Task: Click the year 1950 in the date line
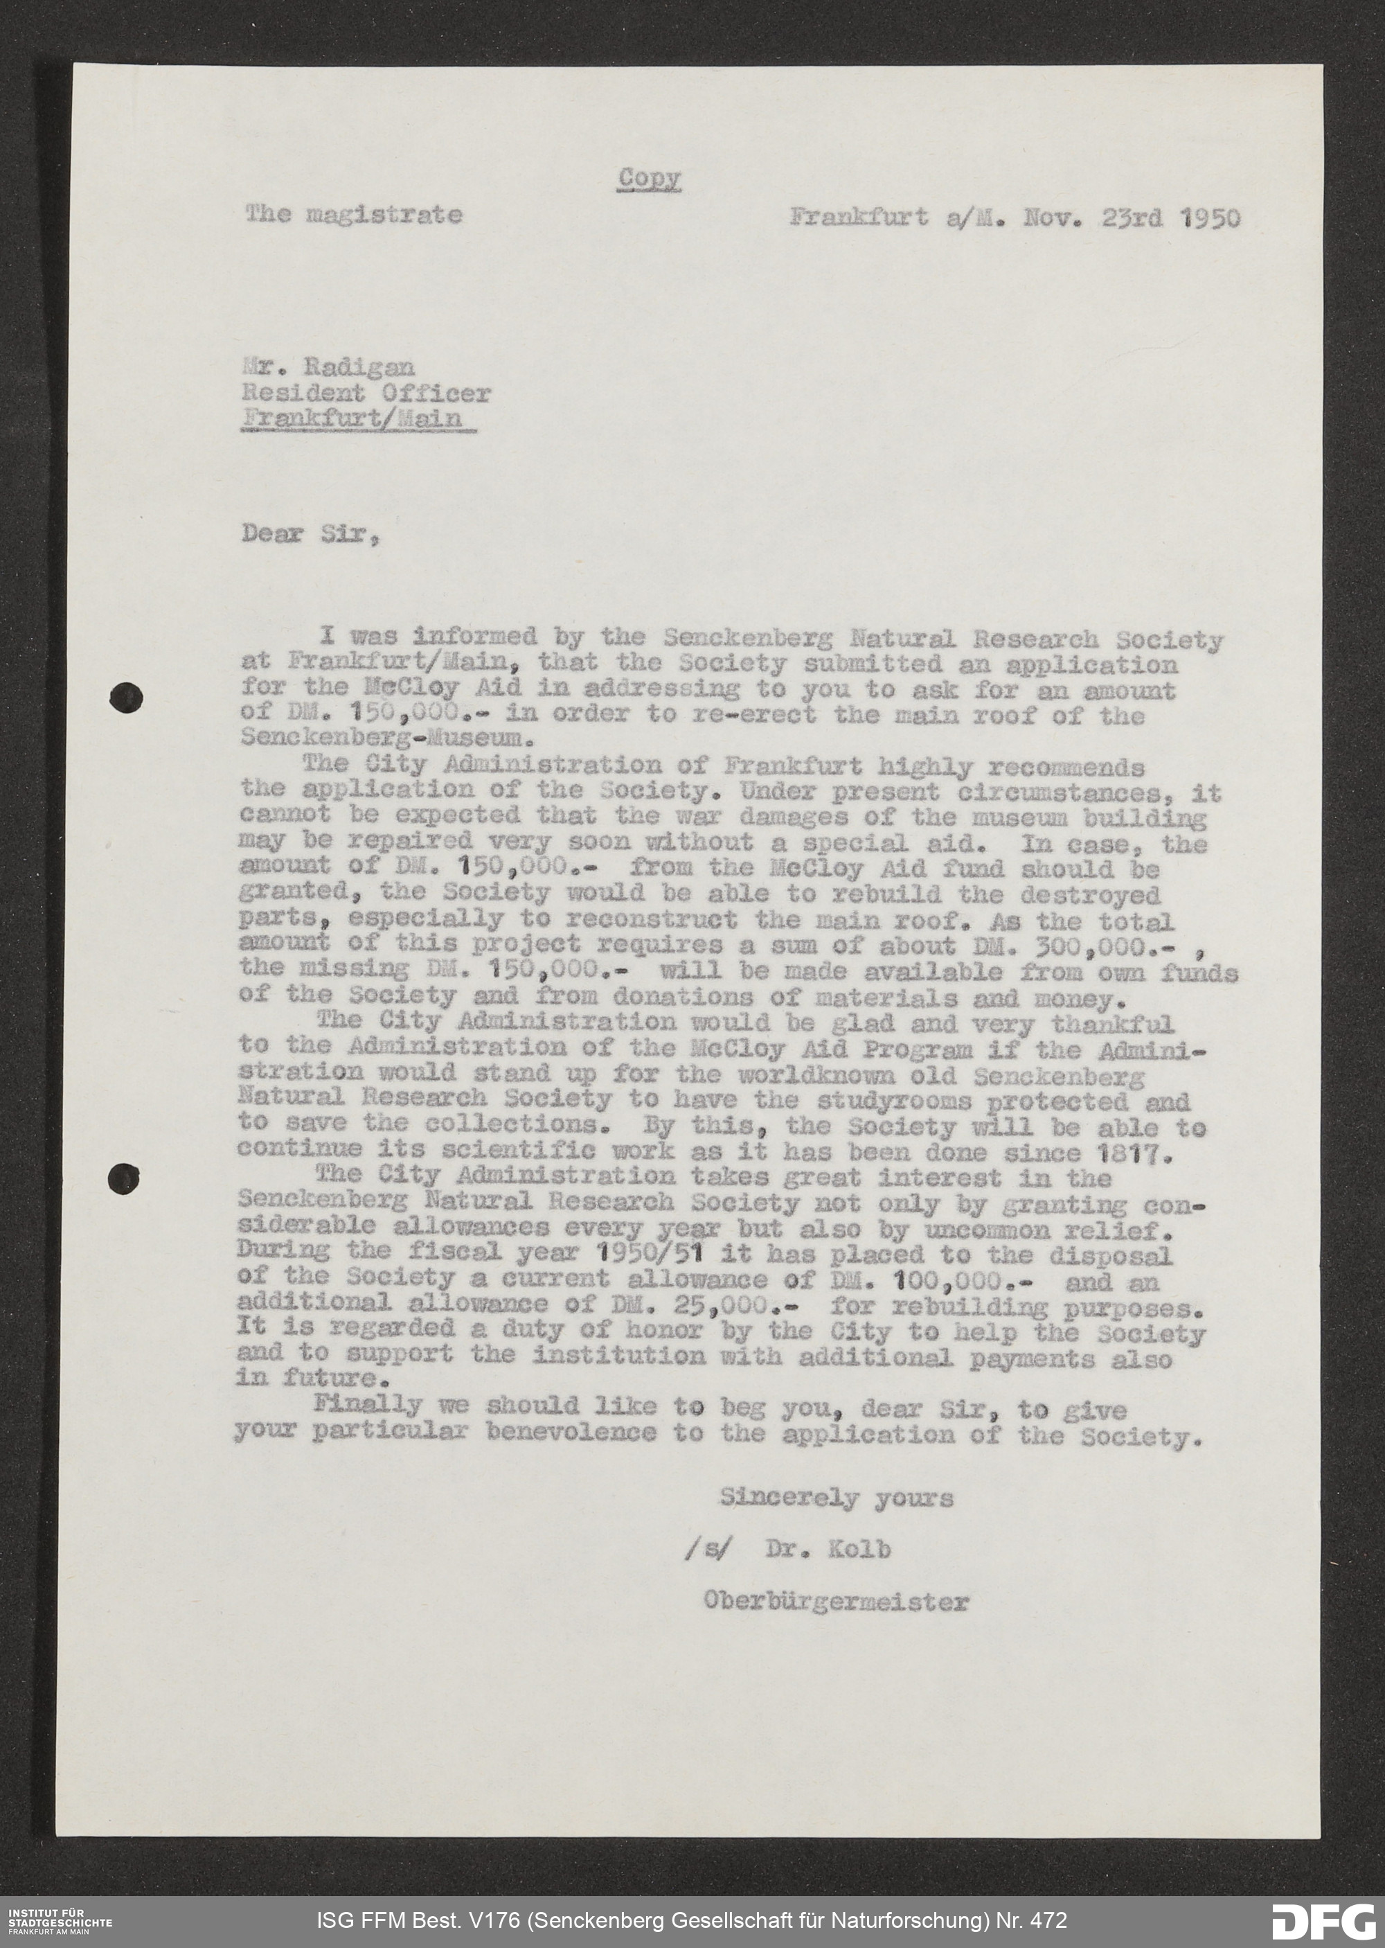[x=1211, y=218]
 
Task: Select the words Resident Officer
[x=367, y=393]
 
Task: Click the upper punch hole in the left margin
[x=126, y=698]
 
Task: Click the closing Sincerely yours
[x=837, y=1498]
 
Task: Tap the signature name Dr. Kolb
[x=828, y=1549]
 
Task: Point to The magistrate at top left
[x=354, y=215]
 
